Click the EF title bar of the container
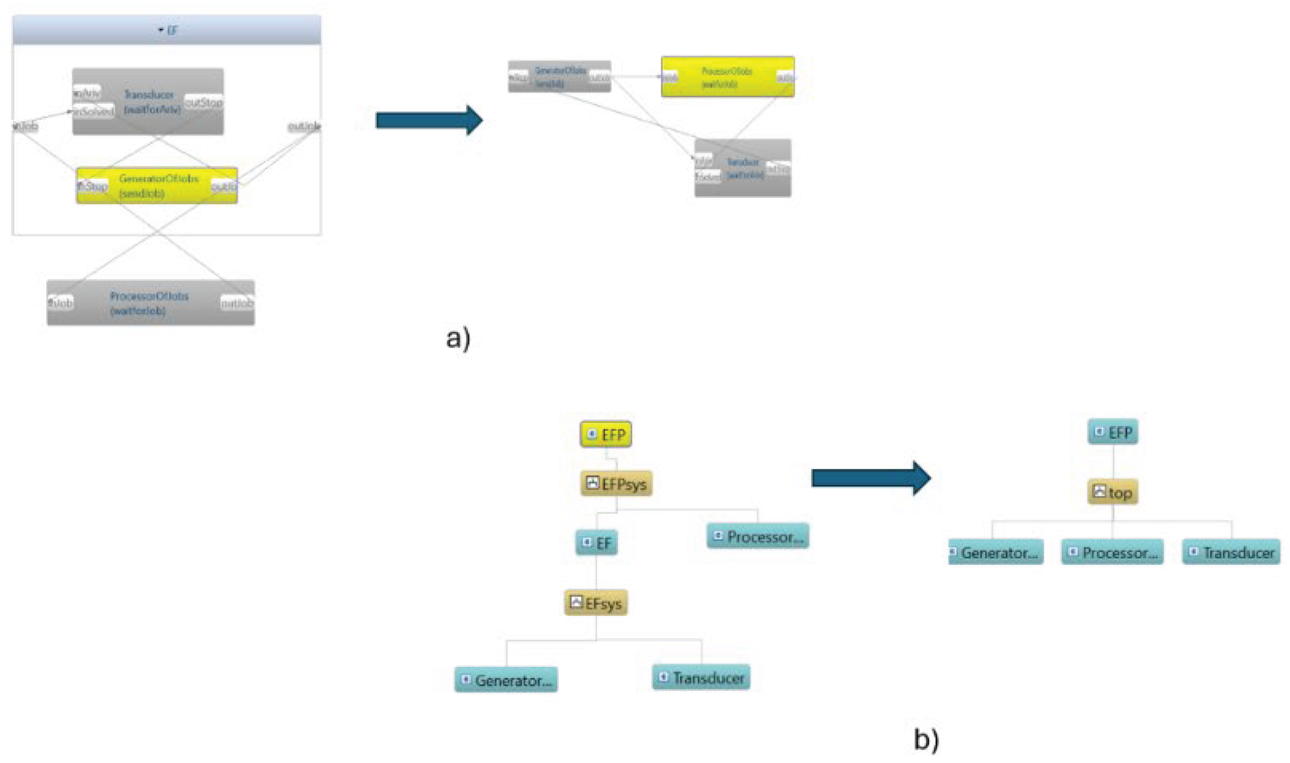point(167,30)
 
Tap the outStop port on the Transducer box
point(204,103)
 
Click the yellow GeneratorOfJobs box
point(157,185)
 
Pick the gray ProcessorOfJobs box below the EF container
point(150,303)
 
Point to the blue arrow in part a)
point(429,120)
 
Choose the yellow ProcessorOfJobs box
point(728,77)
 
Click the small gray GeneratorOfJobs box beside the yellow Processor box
point(559,77)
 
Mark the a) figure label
point(458,338)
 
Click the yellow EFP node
point(606,435)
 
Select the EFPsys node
point(616,484)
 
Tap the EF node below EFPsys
point(596,543)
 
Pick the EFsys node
point(596,603)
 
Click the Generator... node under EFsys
point(506,680)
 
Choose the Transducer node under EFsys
point(701,677)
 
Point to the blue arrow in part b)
point(870,478)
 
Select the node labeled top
point(1113,493)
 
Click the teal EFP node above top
point(1113,432)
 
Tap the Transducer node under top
point(1231,552)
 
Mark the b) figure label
point(926,740)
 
